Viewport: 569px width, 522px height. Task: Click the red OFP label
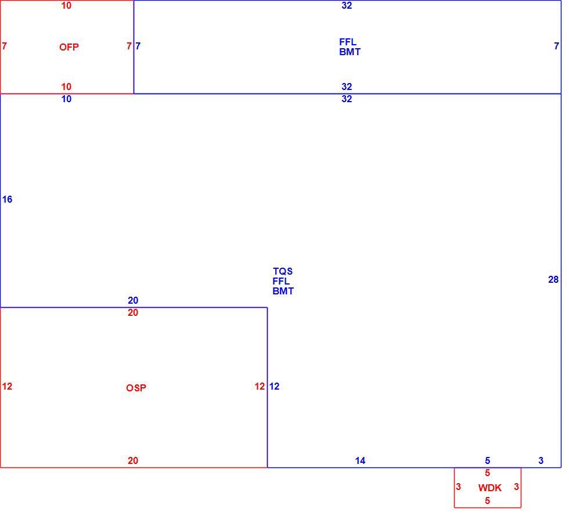69,47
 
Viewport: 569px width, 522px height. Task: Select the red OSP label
136,388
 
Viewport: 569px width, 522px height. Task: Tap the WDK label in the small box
490,488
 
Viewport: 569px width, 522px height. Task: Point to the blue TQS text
283,271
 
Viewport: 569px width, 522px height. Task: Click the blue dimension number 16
7,199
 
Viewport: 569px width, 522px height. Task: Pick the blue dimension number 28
553,279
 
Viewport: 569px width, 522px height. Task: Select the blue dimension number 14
360,460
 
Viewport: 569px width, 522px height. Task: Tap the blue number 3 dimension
541,460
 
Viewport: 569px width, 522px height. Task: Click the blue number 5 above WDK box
487,460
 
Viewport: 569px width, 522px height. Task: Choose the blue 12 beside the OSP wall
274,386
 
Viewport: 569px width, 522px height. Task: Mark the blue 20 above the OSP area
133,300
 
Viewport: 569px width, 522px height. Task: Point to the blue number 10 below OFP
66,99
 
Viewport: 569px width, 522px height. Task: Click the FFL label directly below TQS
281,281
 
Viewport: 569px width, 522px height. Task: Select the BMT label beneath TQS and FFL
283,291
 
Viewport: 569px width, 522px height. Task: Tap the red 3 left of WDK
458,487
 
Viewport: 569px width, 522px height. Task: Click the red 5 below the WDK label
487,501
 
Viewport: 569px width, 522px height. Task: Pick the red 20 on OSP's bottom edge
133,460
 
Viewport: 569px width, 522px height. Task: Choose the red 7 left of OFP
5,46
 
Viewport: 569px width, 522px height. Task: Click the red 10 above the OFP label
66,5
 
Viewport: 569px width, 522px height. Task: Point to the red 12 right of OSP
260,386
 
